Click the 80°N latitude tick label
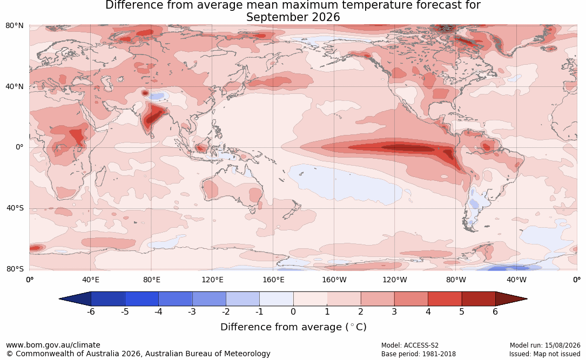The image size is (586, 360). point(14,26)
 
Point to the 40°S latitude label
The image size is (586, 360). point(15,208)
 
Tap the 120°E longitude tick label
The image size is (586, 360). point(212,280)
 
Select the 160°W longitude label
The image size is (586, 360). point(334,280)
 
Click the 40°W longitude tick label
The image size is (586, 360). point(517,280)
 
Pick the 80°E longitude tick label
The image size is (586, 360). point(151,280)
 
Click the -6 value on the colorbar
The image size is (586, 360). point(90,311)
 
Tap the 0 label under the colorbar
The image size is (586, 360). point(293,311)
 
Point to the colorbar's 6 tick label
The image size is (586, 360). point(495,311)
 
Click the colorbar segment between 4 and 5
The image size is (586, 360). point(444,299)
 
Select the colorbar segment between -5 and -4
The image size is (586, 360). point(142,299)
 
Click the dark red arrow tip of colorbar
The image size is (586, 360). point(527,299)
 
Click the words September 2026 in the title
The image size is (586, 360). point(293,17)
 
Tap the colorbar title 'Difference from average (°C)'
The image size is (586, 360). point(293,327)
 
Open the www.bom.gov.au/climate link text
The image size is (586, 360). point(53,345)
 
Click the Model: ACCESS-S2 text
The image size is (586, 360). point(409,345)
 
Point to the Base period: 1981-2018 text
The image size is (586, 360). point(419,354)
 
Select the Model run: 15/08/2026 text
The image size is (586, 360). point(545,345)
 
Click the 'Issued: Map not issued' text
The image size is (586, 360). point(545,354)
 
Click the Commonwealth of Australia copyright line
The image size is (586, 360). point(138,354)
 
